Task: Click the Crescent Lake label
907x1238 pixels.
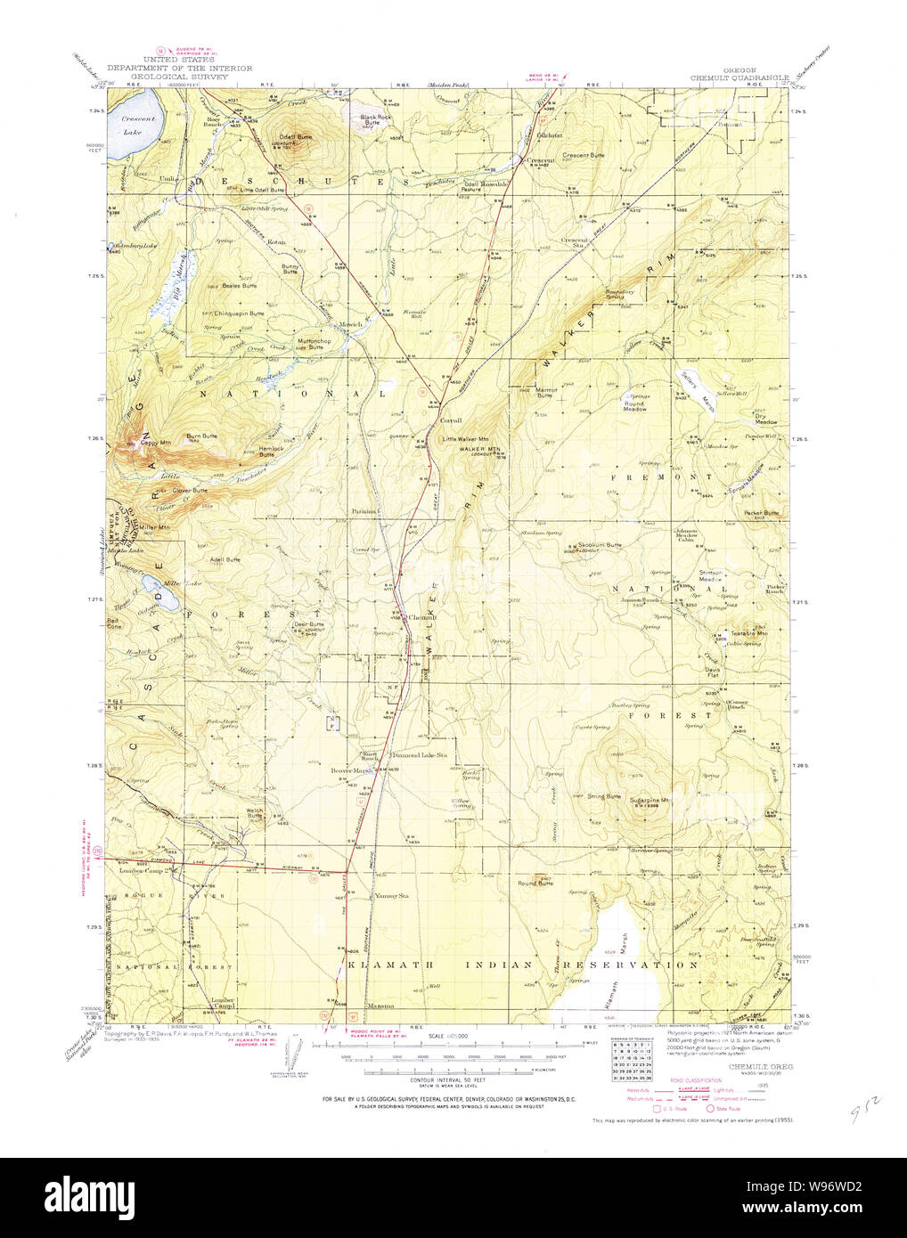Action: point(139,125)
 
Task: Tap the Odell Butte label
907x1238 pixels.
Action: point(297,136)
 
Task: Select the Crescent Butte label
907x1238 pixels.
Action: point(584,155)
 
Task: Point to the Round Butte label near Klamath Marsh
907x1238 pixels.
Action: point(535,884)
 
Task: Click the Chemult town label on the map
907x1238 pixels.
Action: point(420,617)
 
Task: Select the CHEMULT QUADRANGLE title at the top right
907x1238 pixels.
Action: point(739,78)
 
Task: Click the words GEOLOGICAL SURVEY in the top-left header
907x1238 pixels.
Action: point(180,77)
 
